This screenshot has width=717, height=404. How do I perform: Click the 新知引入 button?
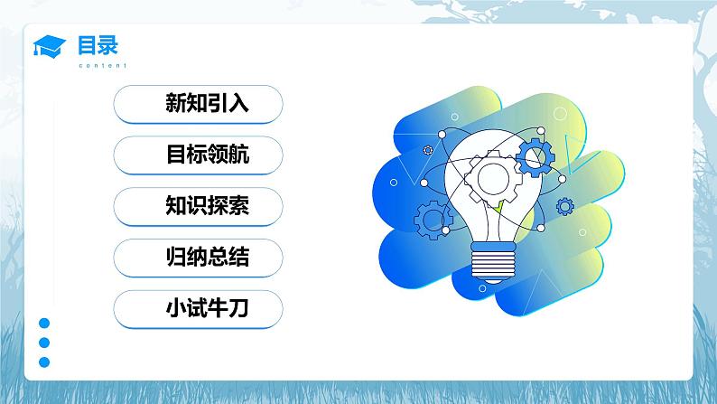pos(198,104)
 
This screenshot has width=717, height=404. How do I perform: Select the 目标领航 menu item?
pos(198,155)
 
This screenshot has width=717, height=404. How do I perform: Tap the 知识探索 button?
pos(198,207)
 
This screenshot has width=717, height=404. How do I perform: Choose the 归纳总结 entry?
pos(198,258)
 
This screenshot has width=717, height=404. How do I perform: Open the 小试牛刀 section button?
pos(198,310)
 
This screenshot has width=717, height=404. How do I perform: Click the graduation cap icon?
pos(50,46)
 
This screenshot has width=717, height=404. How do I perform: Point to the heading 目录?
pos(97,43)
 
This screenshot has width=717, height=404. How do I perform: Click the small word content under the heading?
pos(102,66)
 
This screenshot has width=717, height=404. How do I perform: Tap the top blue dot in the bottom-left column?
pos(43,324)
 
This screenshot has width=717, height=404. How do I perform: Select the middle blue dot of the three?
pos(43,343)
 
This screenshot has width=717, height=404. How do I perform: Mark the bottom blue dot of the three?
pos(43,362)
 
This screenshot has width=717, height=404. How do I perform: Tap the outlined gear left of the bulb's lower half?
pos(433,218)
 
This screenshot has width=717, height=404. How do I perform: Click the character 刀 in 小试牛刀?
pos(238,310)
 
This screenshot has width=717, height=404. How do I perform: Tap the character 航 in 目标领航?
pos(238,155)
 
